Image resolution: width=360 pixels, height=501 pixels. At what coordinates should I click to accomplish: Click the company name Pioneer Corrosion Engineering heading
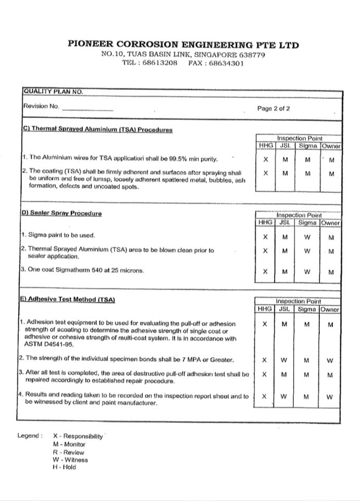coord(183,45)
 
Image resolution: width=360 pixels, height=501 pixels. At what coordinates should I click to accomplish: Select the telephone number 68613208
coord(160,63)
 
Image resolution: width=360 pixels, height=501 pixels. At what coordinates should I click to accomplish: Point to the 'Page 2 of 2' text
coord(274,109)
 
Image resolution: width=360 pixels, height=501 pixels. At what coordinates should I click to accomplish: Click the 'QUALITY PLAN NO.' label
coord(53,91)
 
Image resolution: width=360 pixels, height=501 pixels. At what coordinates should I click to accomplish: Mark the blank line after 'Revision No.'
coord(87,110)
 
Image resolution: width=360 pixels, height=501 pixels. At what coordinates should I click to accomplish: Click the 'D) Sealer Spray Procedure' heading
coord(61,213)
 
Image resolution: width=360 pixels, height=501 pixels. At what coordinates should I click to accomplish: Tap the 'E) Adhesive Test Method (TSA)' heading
coord(68,300)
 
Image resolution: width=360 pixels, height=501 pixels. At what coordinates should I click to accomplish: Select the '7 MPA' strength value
coord(177,359)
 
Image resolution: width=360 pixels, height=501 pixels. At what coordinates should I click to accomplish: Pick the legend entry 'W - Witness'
coord(70,460)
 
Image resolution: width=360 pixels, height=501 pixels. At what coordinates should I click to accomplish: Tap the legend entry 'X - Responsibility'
coord(78,436)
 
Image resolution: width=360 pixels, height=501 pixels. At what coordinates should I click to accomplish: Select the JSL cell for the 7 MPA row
coord(284,360)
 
